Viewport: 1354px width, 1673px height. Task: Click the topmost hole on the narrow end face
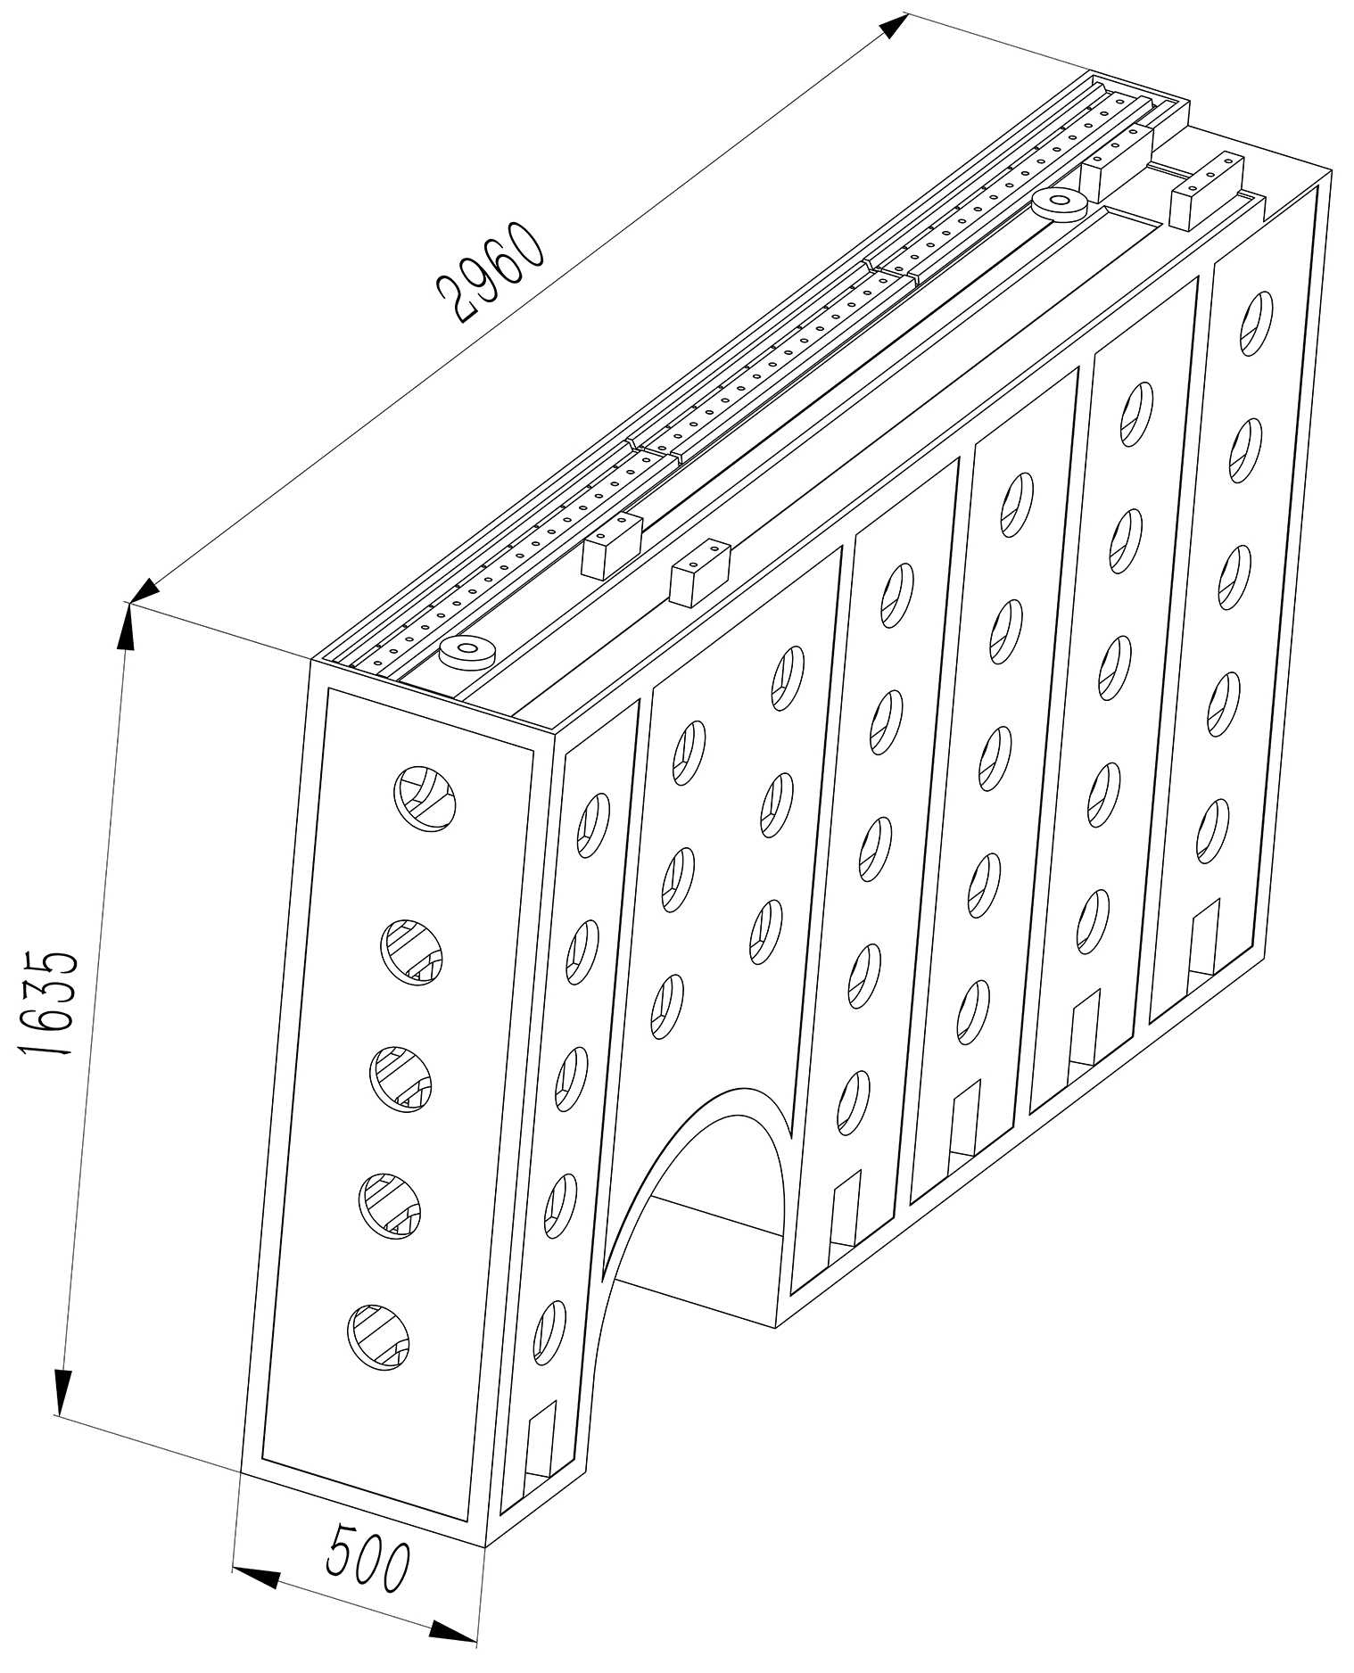[x=425, y=798]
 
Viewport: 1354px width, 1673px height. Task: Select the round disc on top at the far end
[x=1059, y=204]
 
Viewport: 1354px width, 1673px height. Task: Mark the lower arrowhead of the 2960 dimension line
[x=144, y=590]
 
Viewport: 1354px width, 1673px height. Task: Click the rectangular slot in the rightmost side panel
[x=1203, y=935]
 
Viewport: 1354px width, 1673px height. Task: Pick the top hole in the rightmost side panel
[x=1256, y=323]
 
